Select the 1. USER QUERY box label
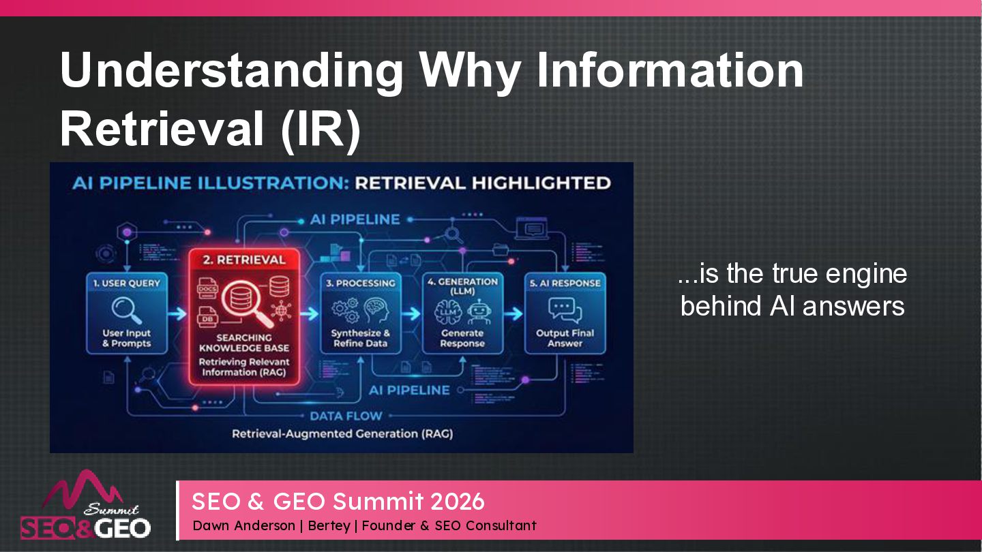pyautogui.click(x=127, y=283)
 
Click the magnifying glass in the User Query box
pyautogui.click(x=127, y=311)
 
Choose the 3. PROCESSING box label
pyautogui.click(x=360, y=283)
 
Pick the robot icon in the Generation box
pyautogui.click(x=479, y=311)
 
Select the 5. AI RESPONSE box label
pyautogui.click(x=565, y=283)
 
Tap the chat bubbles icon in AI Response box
pyautogui.click(x=565, y=311)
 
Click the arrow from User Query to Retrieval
pyautogui.click(x=175, y=314)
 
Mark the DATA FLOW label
pyautogui.click(x=346, y=416)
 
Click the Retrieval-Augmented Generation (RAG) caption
pyautogui.click(x=342, y=433)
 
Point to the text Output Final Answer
pyautogui.click(x=565, y=338)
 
